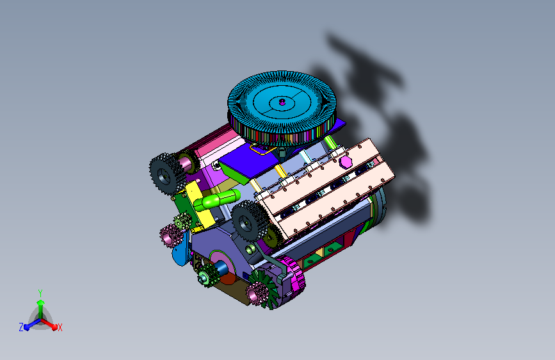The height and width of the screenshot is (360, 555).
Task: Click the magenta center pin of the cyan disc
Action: (282, 102)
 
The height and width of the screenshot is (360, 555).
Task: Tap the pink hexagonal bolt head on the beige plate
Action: (345, 162)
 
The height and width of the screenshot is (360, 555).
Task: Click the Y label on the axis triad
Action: (40, 293)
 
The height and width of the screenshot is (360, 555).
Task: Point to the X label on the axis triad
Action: (60, 327)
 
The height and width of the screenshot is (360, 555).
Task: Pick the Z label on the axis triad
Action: (21, 327)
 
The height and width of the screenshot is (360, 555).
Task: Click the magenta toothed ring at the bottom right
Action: (291, 277)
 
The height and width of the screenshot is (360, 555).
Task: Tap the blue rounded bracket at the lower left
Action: (180, 252)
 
